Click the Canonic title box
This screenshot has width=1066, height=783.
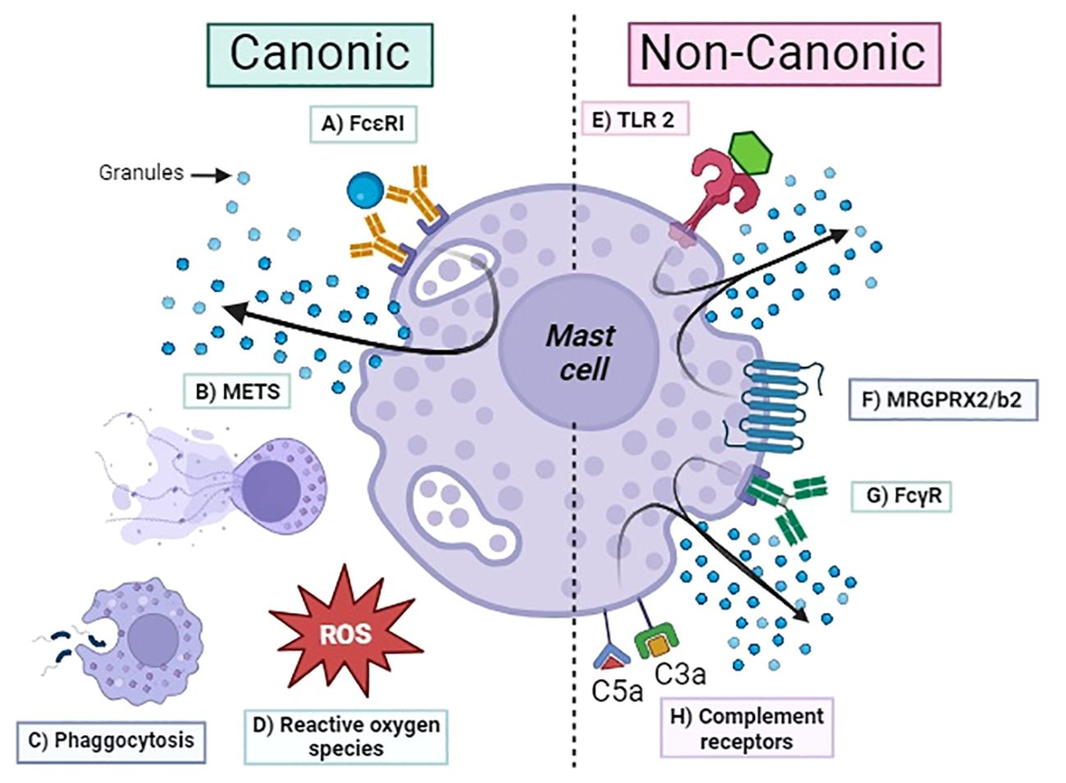click(320, 53)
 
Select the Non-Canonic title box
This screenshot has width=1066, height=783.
click(783, 53)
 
